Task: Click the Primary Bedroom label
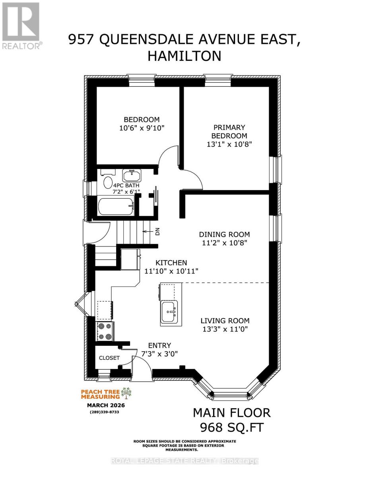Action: [230, 132]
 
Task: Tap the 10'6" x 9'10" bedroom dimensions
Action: [142, 128]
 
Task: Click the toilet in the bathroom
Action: [108, 182]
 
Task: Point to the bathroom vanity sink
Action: [131, 175]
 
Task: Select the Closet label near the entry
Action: [109, 358]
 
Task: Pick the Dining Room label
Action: [225, 235]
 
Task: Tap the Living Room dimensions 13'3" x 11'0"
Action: [225, 329]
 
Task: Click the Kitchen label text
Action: [171, 263]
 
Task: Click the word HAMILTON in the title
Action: [184, 56]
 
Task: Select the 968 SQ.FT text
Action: [232, 428]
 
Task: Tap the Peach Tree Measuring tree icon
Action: [127, 394]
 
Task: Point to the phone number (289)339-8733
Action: [105, 412]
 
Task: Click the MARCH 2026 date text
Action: [106, 405]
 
